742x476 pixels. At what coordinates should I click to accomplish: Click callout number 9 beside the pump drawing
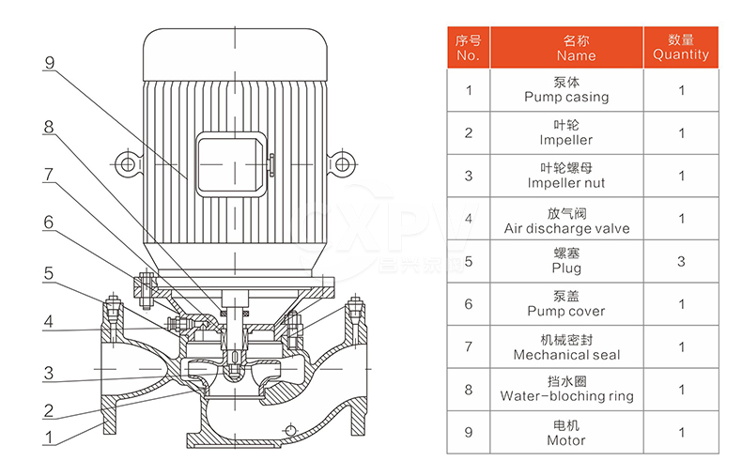coord(50,63)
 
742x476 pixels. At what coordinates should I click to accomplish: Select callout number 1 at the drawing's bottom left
coord(48,438)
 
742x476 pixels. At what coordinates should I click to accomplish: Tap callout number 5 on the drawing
coord(49,273)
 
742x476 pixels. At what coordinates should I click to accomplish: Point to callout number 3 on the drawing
coord(49,374)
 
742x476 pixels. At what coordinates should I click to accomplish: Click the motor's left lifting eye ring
coord(128,164)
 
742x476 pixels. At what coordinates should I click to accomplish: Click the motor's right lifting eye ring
coord(342,164)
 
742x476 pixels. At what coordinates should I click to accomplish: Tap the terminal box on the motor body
coord(232,164)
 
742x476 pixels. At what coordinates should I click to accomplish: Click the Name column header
coord(566,48)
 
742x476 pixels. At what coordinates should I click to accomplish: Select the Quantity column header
coord(681,48)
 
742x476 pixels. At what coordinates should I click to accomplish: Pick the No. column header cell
coord(469,48)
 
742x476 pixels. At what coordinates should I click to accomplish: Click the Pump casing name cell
coord(566,90)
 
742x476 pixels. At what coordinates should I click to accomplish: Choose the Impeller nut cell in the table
coord(566,176)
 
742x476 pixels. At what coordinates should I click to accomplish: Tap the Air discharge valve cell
coord(566,219)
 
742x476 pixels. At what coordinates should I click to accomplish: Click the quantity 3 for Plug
coord(681,261)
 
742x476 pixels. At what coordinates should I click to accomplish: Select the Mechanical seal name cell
coord(566,346)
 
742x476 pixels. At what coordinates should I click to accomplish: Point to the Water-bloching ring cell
coord(566,390)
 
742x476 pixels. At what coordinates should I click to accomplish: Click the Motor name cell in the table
coord(566,433)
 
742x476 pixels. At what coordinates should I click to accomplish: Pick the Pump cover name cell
coord(566,304)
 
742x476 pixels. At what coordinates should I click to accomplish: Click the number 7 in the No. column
coord(469,346)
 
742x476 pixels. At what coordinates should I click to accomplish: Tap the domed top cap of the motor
coord(235,54)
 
